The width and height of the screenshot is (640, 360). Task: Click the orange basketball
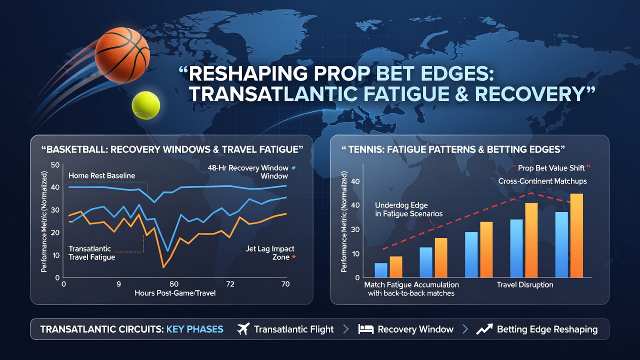click(122, 55)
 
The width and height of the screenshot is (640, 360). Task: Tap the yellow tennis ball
click(145, 105)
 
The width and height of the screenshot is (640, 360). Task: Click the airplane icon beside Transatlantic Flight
click(243, 329)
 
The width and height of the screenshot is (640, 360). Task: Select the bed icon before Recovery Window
click(365, 329)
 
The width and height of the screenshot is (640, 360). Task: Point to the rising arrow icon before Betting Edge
click(484, 329)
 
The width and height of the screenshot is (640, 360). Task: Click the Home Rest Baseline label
click(101, 175)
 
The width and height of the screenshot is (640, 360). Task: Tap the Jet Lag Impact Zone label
click(270, 253)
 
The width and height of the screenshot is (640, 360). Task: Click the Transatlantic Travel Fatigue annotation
click(91, 253)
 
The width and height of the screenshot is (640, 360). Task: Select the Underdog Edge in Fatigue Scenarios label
click(408, 209)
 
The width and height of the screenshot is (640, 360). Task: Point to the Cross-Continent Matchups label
click(542, 181)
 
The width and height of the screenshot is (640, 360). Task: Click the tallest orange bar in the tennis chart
click(576, 235)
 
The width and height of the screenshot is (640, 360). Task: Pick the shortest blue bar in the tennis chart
click(381, 270)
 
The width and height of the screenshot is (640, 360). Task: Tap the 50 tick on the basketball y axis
click(55, 165)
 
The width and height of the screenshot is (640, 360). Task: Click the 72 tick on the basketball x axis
click(230, 284)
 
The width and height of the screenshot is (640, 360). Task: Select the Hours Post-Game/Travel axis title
click(175, 293)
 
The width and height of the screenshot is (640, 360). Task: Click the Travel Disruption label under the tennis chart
click(525, 285)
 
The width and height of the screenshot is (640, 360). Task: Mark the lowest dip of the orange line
click(163, 267)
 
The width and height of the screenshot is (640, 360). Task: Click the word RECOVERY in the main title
click(529, 94)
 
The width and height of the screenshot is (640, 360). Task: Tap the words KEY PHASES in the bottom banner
click(195, 329)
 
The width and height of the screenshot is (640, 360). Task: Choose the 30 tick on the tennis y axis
click(355, 229)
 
